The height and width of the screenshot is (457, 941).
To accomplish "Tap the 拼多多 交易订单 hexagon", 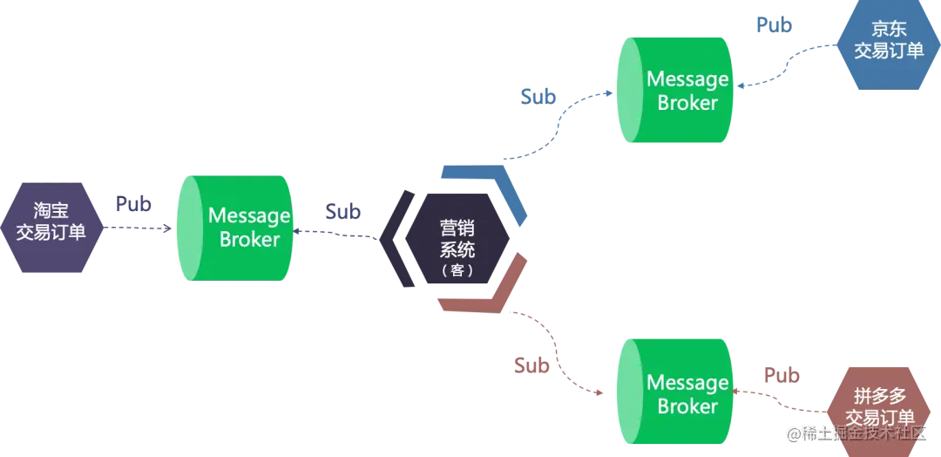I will coord(880,406).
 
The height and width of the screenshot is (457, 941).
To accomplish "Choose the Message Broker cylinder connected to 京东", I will coord(676,91).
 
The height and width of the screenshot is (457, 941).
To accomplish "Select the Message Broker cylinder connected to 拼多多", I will coord(676,394).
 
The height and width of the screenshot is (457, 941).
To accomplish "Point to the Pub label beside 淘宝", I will coord(133,206).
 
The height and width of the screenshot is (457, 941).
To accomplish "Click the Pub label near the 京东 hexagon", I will coord(774,26).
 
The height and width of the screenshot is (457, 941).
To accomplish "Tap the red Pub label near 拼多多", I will coord(782,376).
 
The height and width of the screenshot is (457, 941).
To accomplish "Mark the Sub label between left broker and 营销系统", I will coord(340,212).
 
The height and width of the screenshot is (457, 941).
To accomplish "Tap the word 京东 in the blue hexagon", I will coord(889,30).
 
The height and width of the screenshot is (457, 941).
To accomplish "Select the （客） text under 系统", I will coord(457,270).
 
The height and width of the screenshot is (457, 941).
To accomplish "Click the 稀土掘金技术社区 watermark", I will coord(863,433).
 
